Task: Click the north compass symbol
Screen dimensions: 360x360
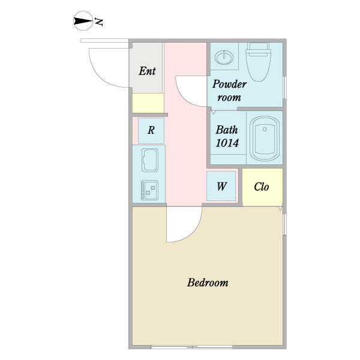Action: point(83,20)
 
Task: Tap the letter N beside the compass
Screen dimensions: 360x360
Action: point(99,22)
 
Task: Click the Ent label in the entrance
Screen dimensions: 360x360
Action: point(147,71)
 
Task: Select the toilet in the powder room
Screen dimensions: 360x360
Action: point(258,62)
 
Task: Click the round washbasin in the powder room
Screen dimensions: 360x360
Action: point(224,57)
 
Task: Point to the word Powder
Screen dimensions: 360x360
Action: point(229,84)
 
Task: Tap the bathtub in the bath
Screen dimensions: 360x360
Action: point(265,139)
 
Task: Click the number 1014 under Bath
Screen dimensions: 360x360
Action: point(227,143)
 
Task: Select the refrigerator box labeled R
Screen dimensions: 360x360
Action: point(151,131)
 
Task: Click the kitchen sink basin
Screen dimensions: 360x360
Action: point(150,160)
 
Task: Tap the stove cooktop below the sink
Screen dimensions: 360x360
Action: point(149,190)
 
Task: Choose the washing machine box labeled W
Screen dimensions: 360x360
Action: point(221,186)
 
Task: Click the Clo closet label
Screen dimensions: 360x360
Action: point(261,187)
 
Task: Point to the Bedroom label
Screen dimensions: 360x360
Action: point(208,283)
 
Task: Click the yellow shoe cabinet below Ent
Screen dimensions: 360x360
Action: point(148,103)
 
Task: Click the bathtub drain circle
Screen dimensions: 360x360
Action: point(265,129)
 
